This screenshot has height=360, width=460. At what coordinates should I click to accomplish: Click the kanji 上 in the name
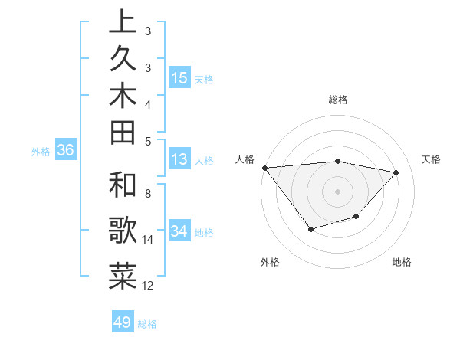click(x=123, y=23)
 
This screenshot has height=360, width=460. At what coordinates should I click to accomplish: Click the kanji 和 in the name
click(x=123, y=186)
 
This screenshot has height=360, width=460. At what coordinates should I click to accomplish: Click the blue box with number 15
click(x=179, y=78)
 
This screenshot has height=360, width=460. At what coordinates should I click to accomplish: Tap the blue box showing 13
click(x=179, y=160)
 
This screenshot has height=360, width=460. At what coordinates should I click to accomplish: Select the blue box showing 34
click(x=179, y=231)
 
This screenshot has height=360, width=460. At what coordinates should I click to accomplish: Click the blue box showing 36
click(x=65, y=151)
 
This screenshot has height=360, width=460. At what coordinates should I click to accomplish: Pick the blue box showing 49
click(x=123, y=322)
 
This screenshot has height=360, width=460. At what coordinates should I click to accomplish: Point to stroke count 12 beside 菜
click(x=148, y=286)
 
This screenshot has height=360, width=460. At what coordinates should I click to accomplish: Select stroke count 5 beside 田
click(x=148, y=141)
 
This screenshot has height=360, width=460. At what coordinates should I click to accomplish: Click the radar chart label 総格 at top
click(x=337, y=100)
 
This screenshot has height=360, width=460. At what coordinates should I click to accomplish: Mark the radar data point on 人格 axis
click(x=264, y=168)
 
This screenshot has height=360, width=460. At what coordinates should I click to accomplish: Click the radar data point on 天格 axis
click(x=396, y=172)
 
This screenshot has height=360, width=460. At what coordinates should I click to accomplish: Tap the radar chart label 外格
click(x=270, y=262)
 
